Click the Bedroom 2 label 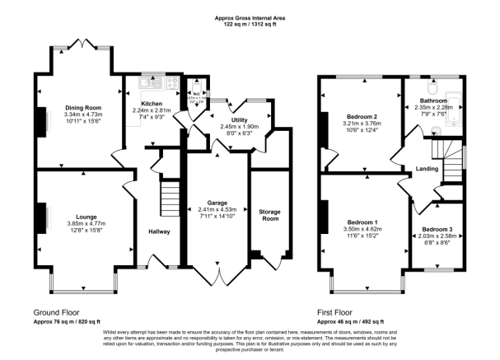pyautogui.click(x=362, y=118)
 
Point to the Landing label pyautogui.click(x=427, y=170)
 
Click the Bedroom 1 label pyautogui.click(x=363, y=223)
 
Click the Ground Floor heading pyautogui.click(x=61, y=313)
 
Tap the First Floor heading pyautogui.click(x=340, y=313)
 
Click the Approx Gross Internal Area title pyautogui.click(x=250, y=19)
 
